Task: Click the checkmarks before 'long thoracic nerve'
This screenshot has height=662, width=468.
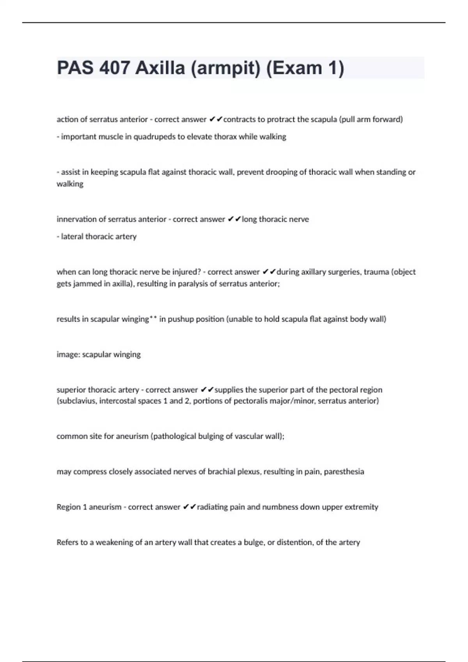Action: tap(234, 219)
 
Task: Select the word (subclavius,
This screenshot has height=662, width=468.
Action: tap(77, 401)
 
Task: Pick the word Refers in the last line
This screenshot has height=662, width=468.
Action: tap(67, 542)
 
